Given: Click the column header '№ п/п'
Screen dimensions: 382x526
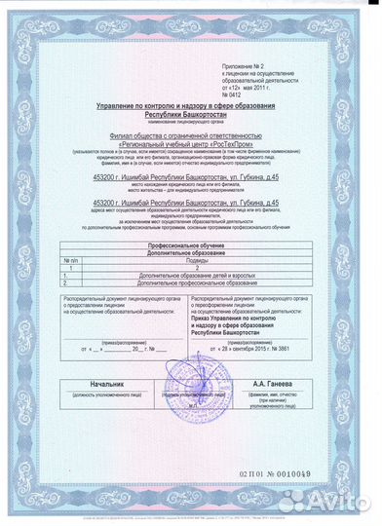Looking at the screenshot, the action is (70, 262).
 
